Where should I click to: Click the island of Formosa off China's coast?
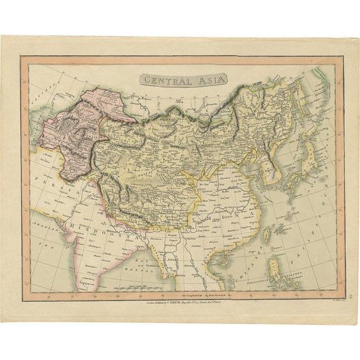[x=275, y=228]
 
